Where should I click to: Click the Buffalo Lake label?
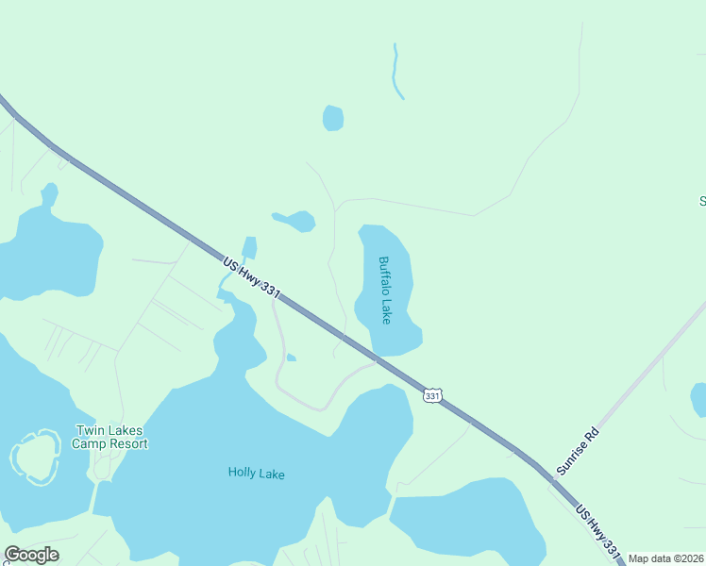point(384,291)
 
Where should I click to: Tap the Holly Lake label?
point(256,474)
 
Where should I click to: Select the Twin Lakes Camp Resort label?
point(111,437)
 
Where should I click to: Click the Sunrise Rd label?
point(578,452)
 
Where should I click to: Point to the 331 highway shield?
point(432,396)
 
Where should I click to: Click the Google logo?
point(31,555)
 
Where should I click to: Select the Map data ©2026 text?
point(666,558)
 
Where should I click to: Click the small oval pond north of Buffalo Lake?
point(333,118)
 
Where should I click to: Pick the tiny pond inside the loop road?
point(292,358)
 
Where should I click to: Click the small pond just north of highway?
point(249,248)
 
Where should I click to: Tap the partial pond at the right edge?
point(698,399)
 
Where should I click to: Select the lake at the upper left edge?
point(47,250)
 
